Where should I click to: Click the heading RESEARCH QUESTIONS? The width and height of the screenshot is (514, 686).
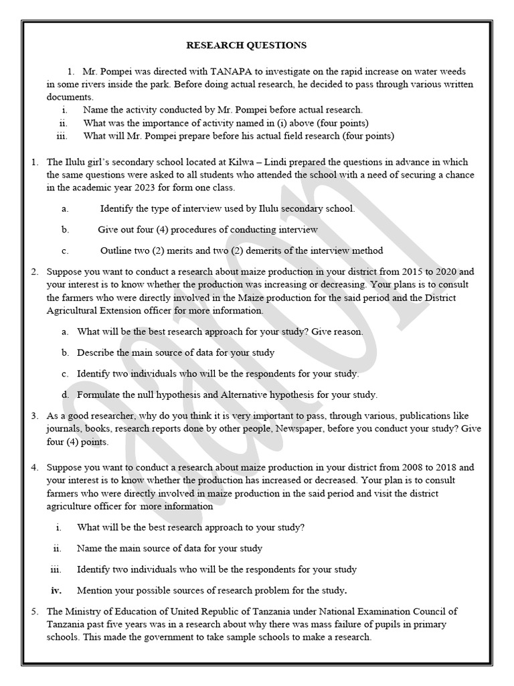[246, 46]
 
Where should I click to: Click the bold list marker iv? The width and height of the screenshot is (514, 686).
[56, 590]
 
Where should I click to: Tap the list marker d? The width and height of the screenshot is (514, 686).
[64, 395]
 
